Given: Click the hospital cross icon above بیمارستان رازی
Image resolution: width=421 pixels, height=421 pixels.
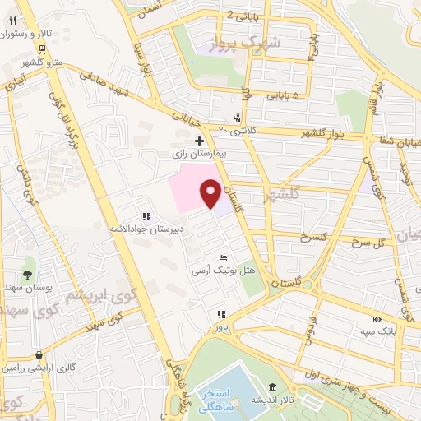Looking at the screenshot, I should pyautogui.click(x=199, y=141).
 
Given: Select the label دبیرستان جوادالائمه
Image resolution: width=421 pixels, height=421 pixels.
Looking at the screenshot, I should pyautogui.click(x=148, y=229).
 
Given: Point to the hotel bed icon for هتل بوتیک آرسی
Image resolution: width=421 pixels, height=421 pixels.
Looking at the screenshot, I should pyautogui.click(x=214, y=258).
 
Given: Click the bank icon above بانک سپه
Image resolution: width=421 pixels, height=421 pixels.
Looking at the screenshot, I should pyautogui.click(x=378, y=319).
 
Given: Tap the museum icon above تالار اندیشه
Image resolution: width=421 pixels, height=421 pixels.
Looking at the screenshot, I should pyautogui.click(x=272, y=388).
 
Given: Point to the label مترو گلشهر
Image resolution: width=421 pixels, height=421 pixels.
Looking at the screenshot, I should pyautogui.click(x=39, y=62).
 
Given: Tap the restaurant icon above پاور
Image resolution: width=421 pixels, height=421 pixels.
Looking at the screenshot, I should pyautogui.click(x=220, y=314).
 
